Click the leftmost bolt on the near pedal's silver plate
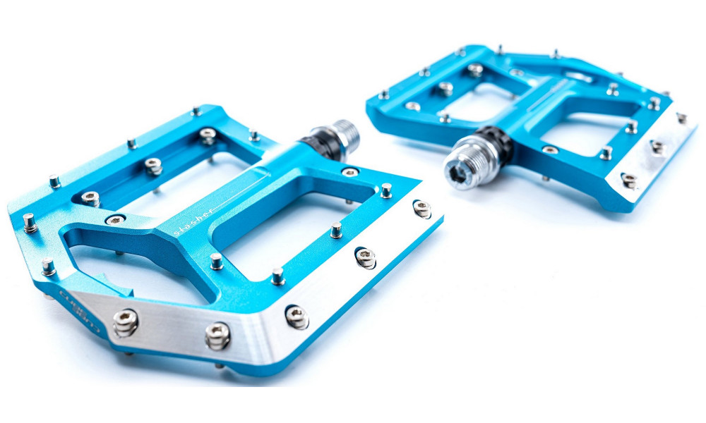click(125, 323)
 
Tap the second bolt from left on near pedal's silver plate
click(217, 334)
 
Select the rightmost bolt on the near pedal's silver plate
click(421, 208)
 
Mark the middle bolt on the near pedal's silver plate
click(297, 317)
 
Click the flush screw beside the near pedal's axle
click(350, 172)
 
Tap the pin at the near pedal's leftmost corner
click(29, 222)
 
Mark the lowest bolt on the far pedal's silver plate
click(629, 180)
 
